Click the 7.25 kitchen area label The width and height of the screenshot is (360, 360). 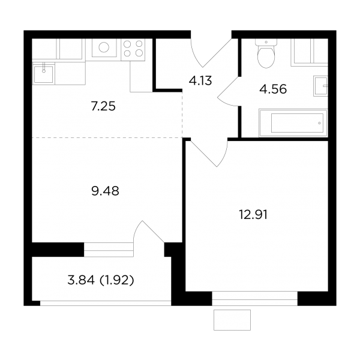click(103, 107)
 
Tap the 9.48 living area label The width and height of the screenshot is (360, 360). click(105, 191)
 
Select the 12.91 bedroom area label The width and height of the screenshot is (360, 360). click(253, 215)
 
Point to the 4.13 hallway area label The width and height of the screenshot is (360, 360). click(200, 81)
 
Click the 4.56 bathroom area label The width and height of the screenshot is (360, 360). click(273, 89)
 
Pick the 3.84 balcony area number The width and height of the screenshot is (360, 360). click(81, 280)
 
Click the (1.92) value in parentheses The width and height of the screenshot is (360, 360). click(116, 280)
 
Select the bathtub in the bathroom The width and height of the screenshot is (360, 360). click(293, 123)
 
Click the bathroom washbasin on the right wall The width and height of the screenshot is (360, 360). click(320, 86)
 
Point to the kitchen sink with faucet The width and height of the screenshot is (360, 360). click(44, 73)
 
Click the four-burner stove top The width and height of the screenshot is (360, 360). click(133, 50)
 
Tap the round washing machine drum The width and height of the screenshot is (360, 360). click(104, 47)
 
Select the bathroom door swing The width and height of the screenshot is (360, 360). click(229, 91)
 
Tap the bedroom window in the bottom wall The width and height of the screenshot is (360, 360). click(254, 298)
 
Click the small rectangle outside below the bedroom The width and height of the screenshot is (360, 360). click(232, 320)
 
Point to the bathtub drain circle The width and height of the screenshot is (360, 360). click(319, 123)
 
